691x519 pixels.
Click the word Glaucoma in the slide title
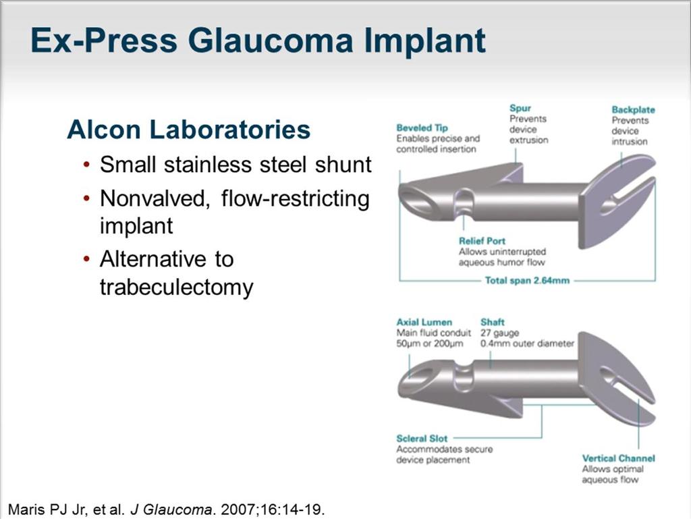(271, 40)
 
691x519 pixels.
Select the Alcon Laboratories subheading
(189, 130)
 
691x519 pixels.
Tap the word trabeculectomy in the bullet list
(177, 288)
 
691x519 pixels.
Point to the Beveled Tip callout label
(422, 128)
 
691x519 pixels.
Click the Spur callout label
(520, 108)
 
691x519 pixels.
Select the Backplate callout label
(633, 110)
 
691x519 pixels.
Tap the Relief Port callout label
(482, 241)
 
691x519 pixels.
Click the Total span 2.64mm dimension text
(527, 280)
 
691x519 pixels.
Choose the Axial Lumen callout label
(424, 322)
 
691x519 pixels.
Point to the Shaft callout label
(492, 322)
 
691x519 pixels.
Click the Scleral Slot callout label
(422, 439)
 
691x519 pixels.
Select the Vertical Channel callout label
(618, 458)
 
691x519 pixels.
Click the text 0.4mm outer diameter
(527, 344)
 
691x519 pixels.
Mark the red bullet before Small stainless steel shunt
(86, 165)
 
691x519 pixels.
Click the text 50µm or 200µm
(429, 344)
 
